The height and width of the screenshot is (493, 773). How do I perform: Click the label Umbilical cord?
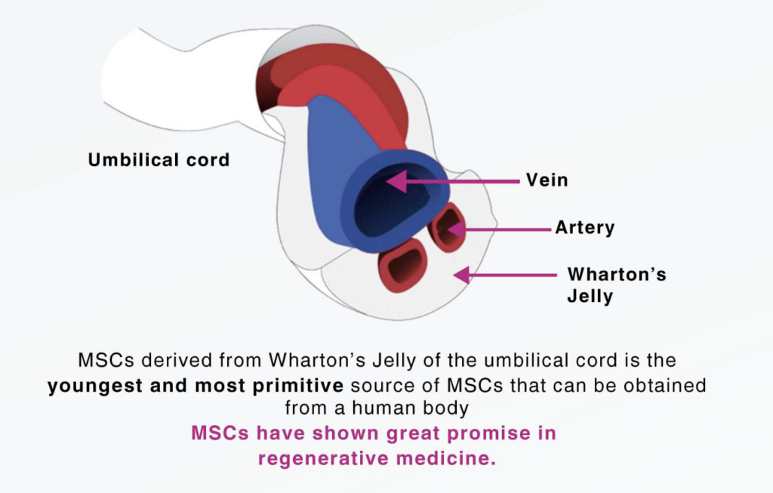click(159, 160)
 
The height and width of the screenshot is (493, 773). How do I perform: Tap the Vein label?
click(547, 180)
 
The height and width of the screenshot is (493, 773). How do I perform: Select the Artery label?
click(585, 227)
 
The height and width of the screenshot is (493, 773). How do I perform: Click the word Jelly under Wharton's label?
click(590, 296)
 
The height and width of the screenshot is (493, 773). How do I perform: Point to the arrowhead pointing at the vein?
click(396, 181)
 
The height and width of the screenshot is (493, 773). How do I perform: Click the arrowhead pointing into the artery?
click(455, 230)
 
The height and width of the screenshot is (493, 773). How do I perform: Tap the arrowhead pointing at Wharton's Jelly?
click(461, 275)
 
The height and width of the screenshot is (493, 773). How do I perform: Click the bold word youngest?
click(95, 386)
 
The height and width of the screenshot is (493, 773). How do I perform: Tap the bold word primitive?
click(297, 386)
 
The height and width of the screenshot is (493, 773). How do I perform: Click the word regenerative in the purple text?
click(323, 458)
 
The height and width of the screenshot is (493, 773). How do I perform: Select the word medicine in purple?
click(445, 458)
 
